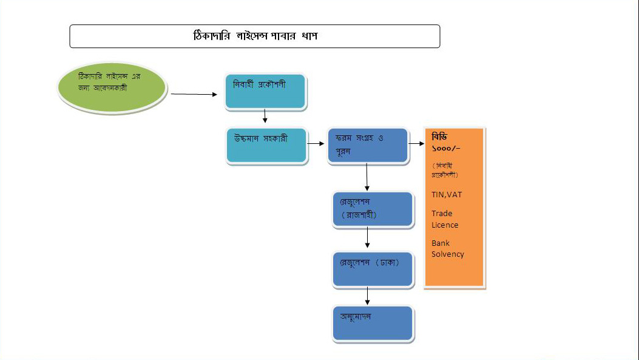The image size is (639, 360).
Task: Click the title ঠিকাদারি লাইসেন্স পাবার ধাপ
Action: click(x=255, y=36)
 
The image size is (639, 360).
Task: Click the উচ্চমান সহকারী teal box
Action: click(x=266, y=145)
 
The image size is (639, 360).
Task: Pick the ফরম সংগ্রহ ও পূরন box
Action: click(x=367, y=145)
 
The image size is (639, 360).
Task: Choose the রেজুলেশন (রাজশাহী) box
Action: click(x=373, y=209)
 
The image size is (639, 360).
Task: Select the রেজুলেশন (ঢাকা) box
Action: click(x=373, y=269)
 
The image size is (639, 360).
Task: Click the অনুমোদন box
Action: click(x=373, y=323)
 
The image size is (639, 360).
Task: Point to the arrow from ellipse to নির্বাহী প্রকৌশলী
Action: click(x=194, y=95)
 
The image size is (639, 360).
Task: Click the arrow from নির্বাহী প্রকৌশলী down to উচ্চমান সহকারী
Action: click(x=265, y=116)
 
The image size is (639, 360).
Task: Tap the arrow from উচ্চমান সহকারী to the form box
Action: click(x=316, y=144)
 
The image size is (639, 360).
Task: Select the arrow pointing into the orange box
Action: click(x=416, y=144)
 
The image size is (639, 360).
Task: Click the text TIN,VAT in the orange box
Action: click(x=447, y=195)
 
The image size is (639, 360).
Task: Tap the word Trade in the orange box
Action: click(x=442, y=213)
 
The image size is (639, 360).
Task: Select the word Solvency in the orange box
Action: click(x=448, y=254)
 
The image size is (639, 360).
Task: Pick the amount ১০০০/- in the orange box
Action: click(x=446, y=148)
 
